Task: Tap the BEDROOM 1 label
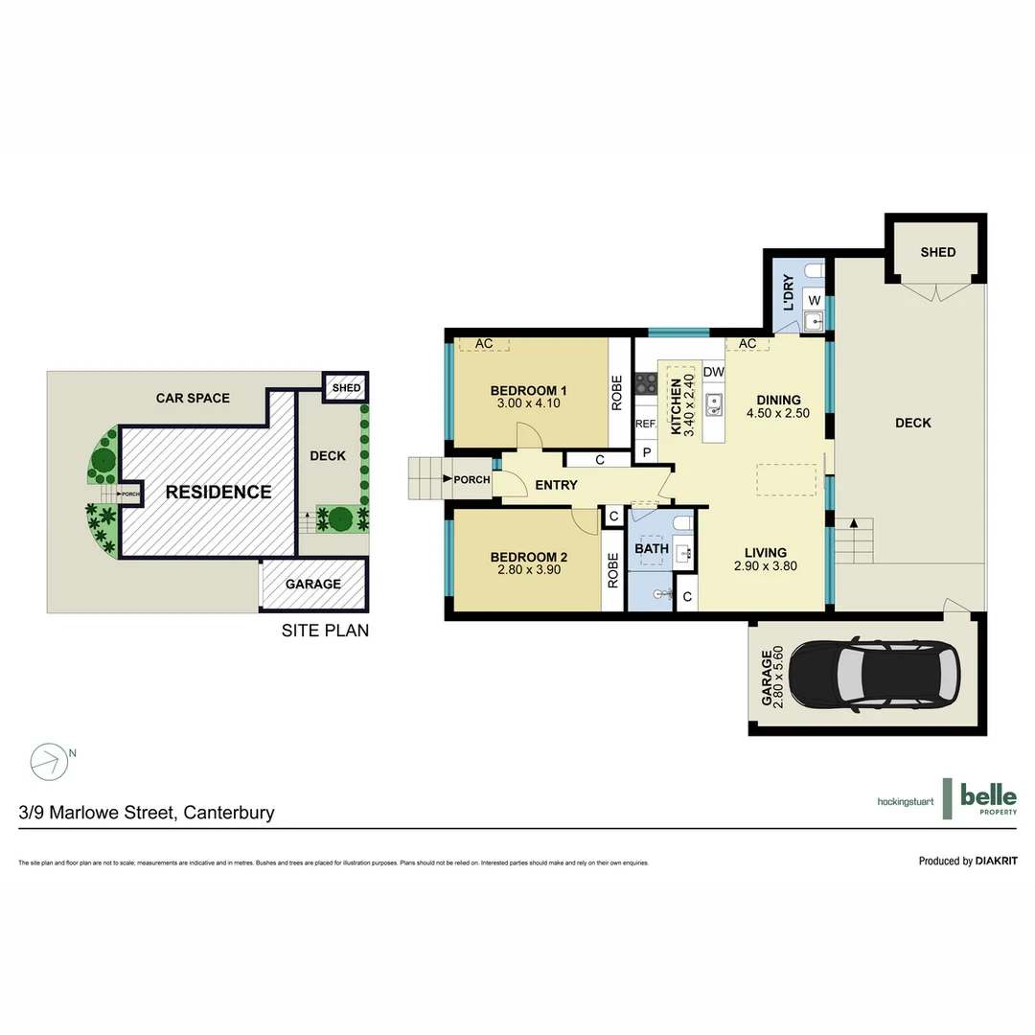click(x=528, y=390)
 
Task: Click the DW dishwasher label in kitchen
click(x=713, y=372)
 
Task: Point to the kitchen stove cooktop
click(x=646, y=382)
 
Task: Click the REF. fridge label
click(x=645, y=423)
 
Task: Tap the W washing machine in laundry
click(x=813, y=300)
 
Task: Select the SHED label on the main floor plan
click(x=937, y=252)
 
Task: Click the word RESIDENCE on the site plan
click(x=218, y=492)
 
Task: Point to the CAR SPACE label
click(x=193, y=398)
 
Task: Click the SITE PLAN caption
click(x=325, y=631)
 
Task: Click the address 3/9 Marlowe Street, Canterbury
click(x=147, y=813)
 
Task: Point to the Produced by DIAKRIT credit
click(x=967, y=861)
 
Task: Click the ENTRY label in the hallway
click(x=556, y=485)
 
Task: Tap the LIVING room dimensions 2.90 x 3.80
click(x=766, y=565)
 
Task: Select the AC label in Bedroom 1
click(x=483, y=343)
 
